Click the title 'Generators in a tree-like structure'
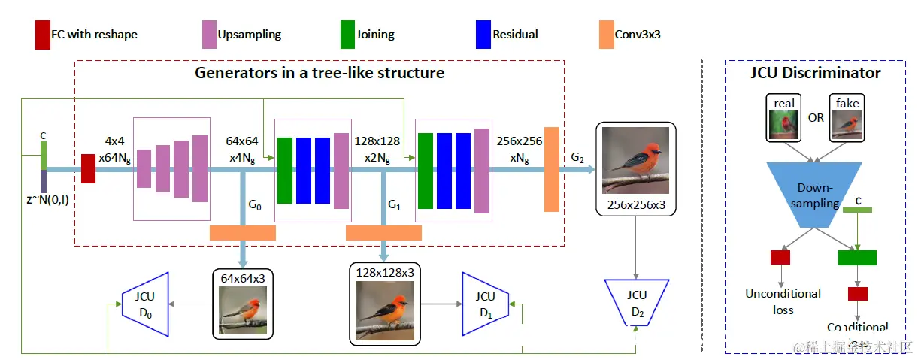pos(320,73)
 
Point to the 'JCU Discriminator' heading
pos(815,73)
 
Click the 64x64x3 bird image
pos(243,310)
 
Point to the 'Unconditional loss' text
pos(783,301)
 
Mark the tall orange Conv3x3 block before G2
pos(552,169)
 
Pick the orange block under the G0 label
pos(242,233)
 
